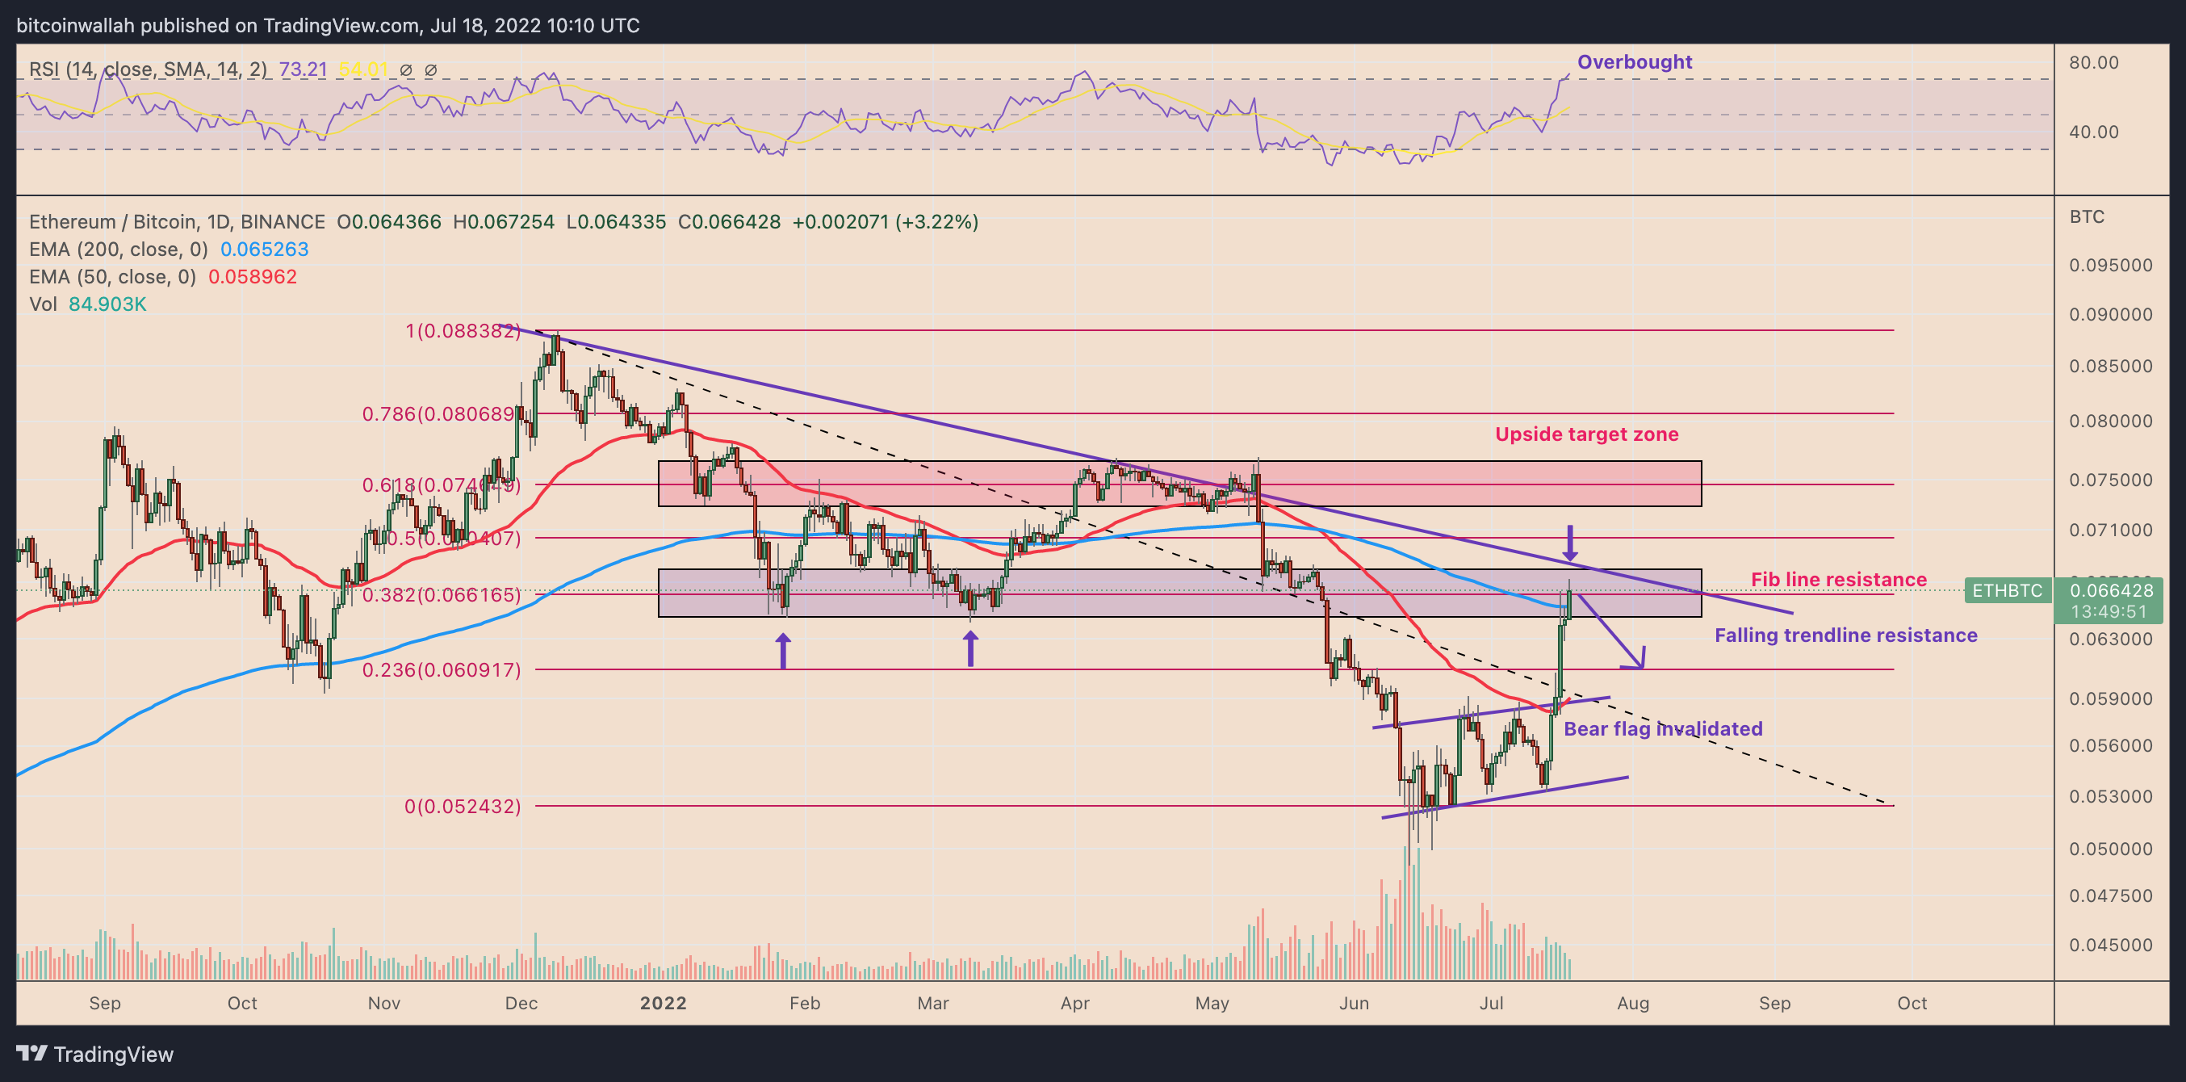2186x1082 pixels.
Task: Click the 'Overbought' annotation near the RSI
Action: tap(1634, 62)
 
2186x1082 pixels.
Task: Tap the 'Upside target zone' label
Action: tap(1586, 434)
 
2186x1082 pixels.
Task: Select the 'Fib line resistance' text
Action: tap(1838, 580)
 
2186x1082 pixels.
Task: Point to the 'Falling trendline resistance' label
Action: tap(1845, 635)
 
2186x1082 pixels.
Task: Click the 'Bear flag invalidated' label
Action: tap(1662, 729)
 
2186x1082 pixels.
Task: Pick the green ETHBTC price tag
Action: tap(2007, 590)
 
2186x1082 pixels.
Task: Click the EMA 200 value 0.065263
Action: tap(264, 250)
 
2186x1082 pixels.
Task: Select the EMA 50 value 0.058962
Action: tap(252, 277)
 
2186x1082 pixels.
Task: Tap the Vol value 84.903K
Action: tap(107, 304)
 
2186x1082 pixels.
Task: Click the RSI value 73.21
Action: tap(303, 69)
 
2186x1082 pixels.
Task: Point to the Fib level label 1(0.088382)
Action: tap(463, 331)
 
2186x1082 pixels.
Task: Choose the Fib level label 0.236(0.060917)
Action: tap(442, 670)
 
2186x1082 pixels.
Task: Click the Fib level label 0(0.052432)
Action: tap(463, 806)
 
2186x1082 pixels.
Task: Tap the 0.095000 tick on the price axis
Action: tap(2109, 266)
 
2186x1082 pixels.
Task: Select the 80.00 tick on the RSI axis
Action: tap(2093, 63)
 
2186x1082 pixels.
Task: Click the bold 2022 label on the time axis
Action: tap(663, 1003)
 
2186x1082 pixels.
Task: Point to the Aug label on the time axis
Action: tap(1633, 1003)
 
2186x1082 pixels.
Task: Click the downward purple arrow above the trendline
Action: tap(1570, 543)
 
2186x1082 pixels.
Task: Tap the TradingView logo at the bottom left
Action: tap(94, 1054)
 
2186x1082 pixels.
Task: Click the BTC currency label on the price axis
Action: tap(2087, 217)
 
